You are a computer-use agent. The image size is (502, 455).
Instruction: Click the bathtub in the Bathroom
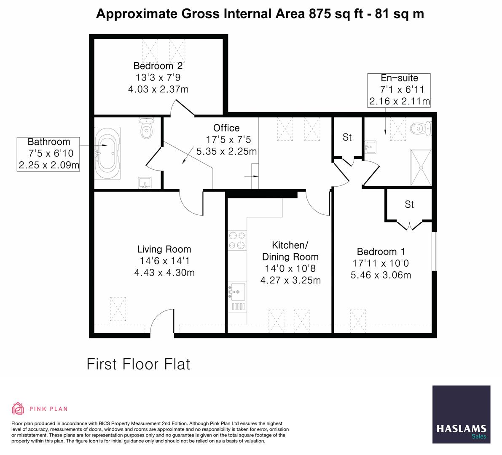pyautogui.click(x=107, y=153)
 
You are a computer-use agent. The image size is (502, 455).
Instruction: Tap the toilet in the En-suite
pyautogui.click(x=421, y=128)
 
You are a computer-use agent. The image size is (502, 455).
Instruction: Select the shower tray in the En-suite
pyautogui.click(x=421, y=167)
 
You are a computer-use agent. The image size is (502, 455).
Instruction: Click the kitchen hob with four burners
pyautogui.click(x=237, y=241)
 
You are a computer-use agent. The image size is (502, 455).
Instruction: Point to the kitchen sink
pyautogui.click(x=237, y=296)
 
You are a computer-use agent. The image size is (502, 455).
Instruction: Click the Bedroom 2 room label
pyautogui.click(x=158, y=66)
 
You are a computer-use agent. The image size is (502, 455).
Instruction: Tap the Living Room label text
pyautogui.click(x=164, y=249)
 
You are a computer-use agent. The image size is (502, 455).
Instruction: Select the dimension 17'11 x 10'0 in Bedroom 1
pyautogui.click(x=381, y=263)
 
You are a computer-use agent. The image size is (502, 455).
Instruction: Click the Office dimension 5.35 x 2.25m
pyautogui.click(x=227, y=151)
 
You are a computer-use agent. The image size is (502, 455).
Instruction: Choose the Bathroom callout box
pyautogui.click(x=48, y=154)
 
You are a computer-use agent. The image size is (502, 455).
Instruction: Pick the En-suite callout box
pyautogui.click(x=399, y=90)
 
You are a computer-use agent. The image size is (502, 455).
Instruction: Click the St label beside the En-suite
pyautogui.click(x=347, y=137)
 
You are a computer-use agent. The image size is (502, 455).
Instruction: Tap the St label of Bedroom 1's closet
pyautogui.click(x=409, y=204)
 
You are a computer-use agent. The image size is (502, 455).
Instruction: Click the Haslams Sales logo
pyautogui.click(x=462, y=415)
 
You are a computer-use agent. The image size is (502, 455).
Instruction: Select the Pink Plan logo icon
pyautogui.click(x=18, y=409)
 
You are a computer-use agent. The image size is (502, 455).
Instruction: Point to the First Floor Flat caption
pyautogui.click(x=139, y=364)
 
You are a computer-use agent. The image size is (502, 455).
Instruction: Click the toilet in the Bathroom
pyautogui.click(x=147, y=128)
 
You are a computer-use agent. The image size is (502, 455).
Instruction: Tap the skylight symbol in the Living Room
pyautogui.click(x=118, y=309)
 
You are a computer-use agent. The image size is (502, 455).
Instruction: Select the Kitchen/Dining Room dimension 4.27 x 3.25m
pyautogui.click(x=291, y=281)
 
